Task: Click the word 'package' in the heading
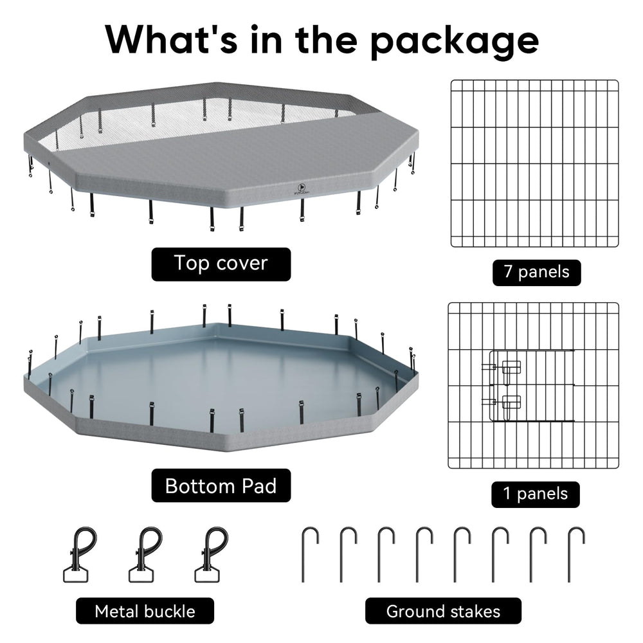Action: pos(455,41)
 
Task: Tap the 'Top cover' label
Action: pos(221,264)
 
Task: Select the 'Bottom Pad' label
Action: pos(221,485)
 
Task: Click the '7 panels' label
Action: pos(536,272)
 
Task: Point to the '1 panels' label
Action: pos(536,494)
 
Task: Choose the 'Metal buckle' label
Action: pos(145,611)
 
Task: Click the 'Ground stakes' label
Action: pos(443,611)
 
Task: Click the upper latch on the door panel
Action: pos(511,367)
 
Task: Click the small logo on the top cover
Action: pos(303,188)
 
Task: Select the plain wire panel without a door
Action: pos(535,163)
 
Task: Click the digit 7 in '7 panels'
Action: pos(509,271)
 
